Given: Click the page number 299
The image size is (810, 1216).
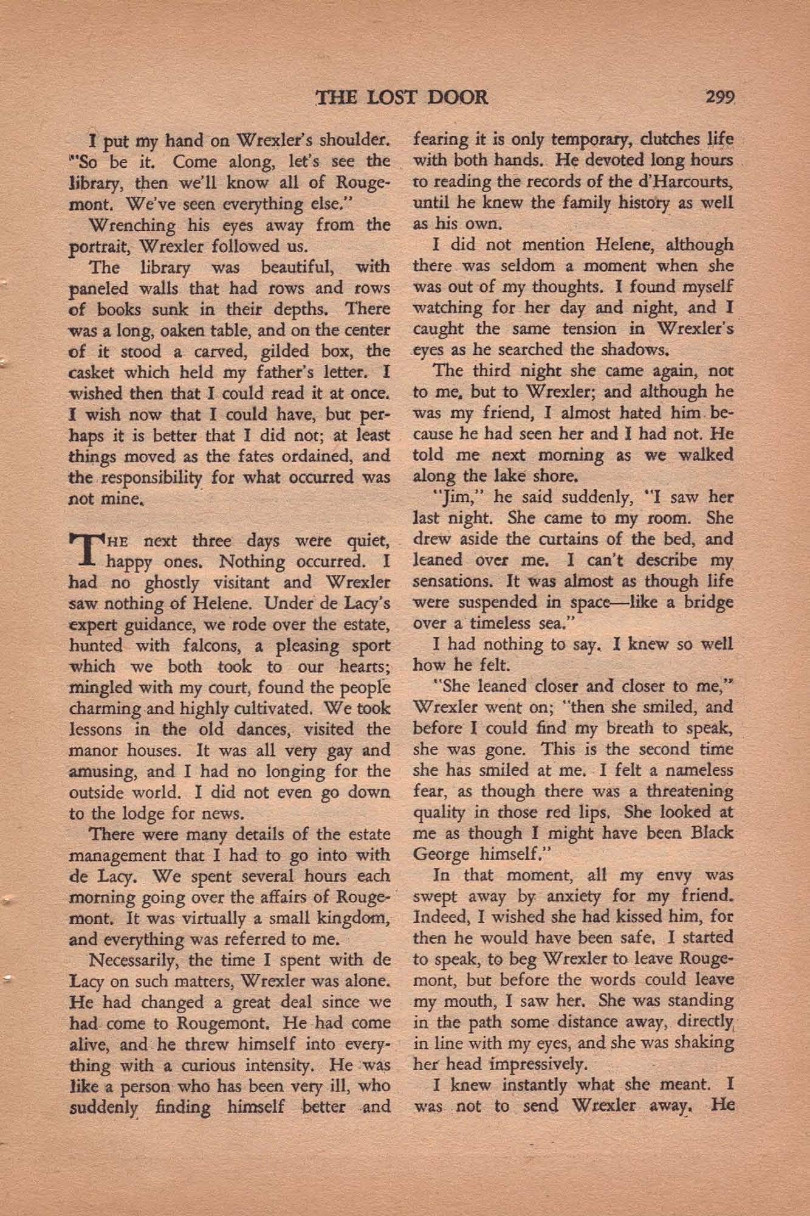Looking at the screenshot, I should [721, 97].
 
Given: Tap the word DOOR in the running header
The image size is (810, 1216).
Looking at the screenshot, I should [455, 97].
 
